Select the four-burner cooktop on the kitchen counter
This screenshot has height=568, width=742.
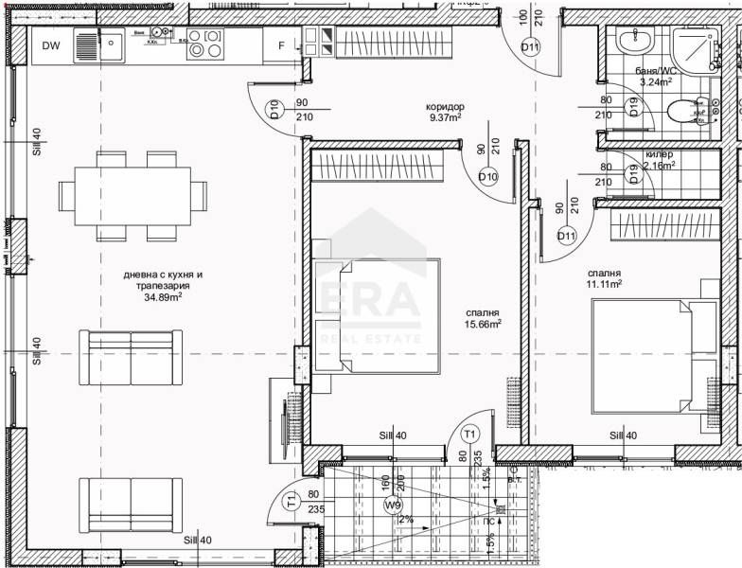[x=204, y=44]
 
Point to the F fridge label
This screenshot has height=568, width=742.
[x=281, y=45]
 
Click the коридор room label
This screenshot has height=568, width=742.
[x=444, y=106]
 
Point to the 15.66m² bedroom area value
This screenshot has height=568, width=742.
[x=483, y=324]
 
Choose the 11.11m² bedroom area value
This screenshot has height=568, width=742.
[x=603, y=283]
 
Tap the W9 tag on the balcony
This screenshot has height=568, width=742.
[x=393, y=506]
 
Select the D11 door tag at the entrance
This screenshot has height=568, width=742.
[x=531, y=48]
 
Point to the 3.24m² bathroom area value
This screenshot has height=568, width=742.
[x=655, y=82]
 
